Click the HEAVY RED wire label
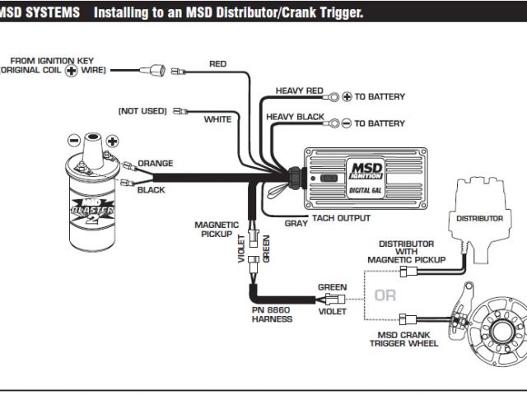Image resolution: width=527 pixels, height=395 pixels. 300,91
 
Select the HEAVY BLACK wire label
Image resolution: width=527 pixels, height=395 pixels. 296,117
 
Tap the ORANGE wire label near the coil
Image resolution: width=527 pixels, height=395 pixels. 156,163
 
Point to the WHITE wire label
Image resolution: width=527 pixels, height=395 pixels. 218,119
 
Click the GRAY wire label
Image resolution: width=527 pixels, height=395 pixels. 296,222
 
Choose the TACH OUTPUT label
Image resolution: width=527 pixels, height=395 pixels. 341,218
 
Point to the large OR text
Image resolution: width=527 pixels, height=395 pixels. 385,295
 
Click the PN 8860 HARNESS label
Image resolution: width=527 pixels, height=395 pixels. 273,314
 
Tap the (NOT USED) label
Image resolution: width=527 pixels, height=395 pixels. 142,110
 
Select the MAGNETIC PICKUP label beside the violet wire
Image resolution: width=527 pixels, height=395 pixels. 217,229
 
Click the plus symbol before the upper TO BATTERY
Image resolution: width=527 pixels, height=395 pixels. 347,97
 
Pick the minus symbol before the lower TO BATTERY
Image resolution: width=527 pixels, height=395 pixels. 347,123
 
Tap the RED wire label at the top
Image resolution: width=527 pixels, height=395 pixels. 218,64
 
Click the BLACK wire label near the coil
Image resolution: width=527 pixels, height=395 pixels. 152,190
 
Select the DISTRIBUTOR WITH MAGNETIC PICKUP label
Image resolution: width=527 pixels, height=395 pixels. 407,252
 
